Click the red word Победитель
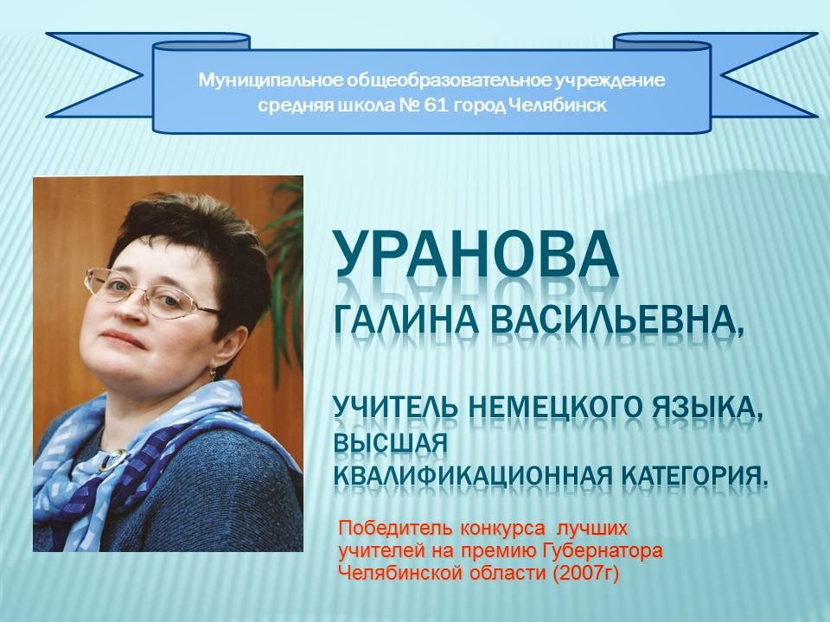coord(395,528)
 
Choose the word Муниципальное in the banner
coord(271,81)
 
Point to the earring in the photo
coord(213,374)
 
